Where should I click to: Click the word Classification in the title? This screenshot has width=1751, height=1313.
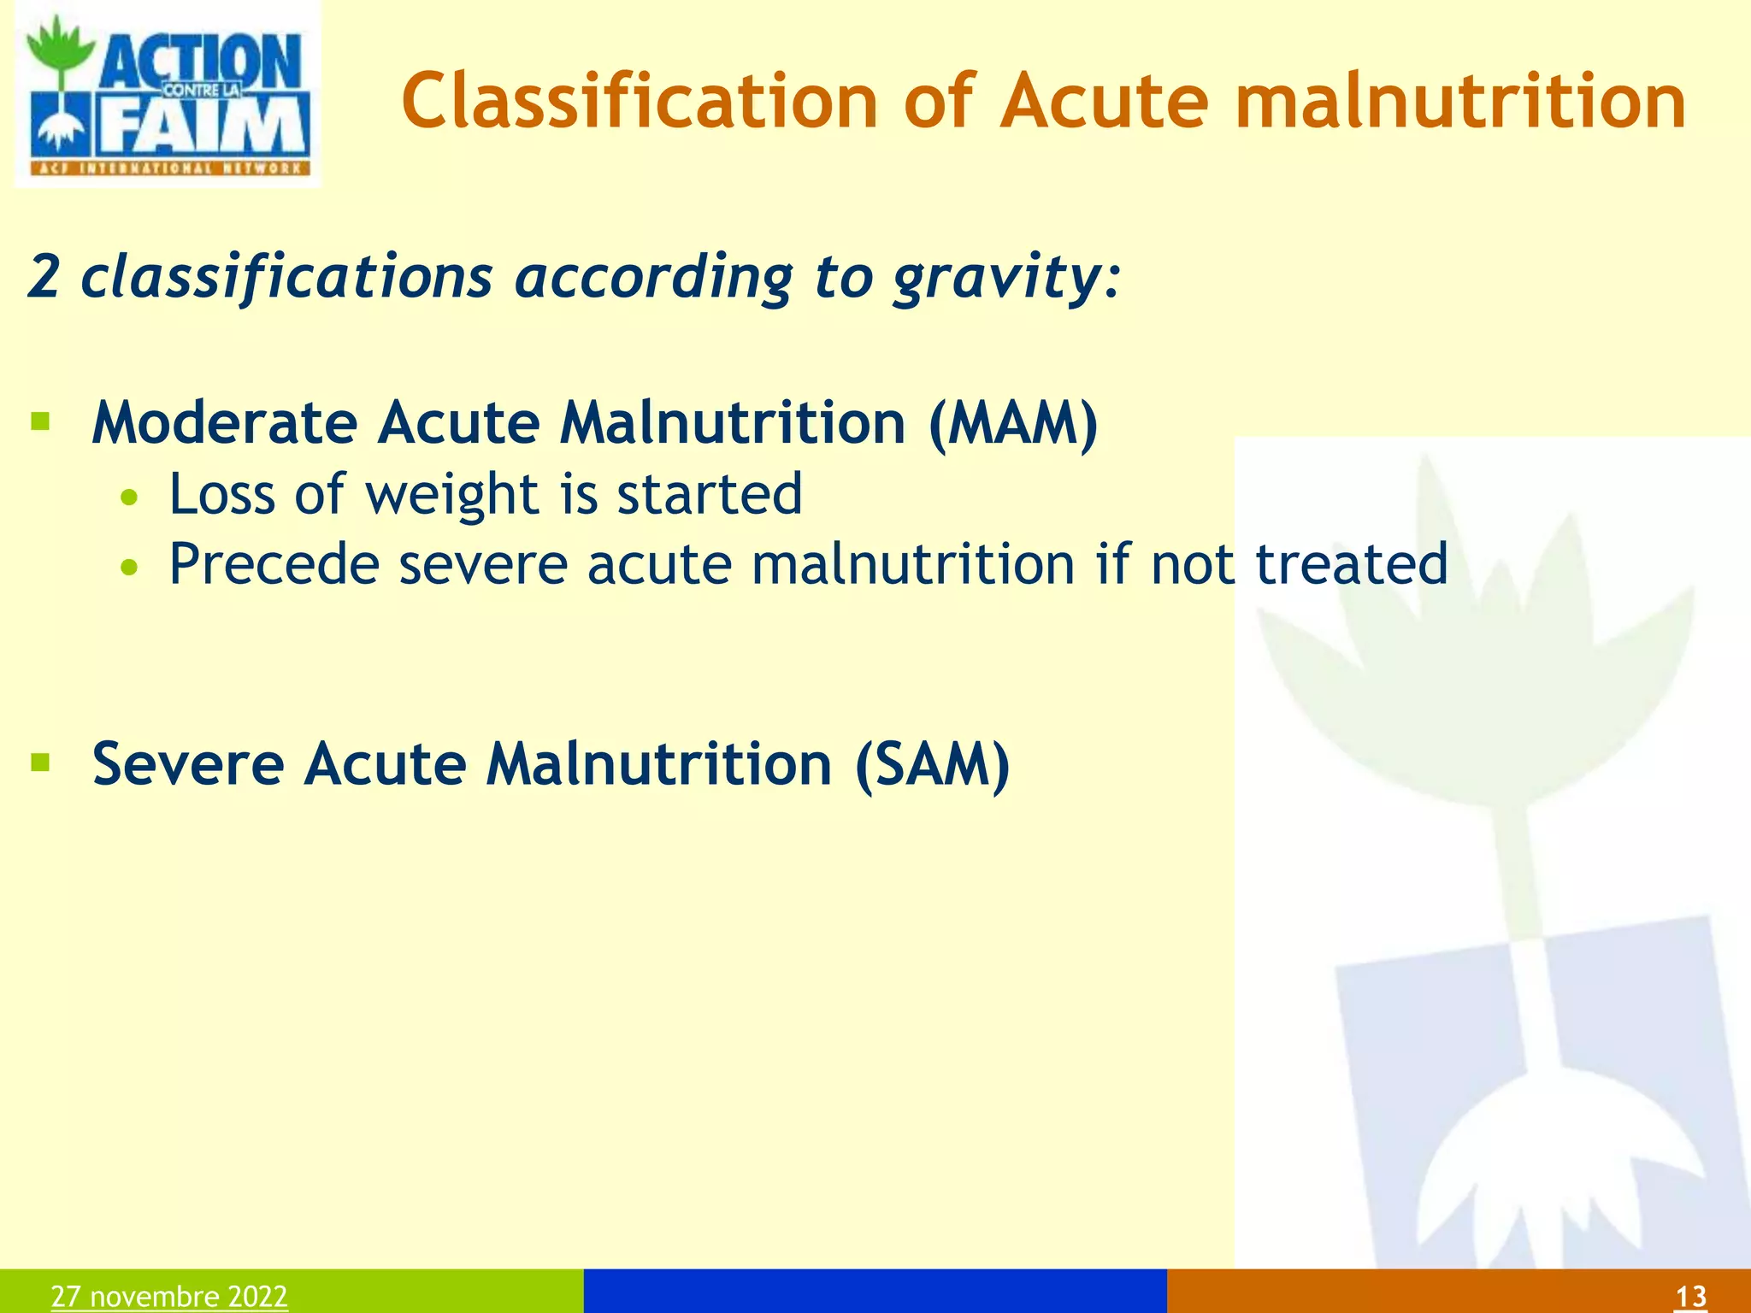click(x=640, y=103)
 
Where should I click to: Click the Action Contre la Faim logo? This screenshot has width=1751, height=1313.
click(x=168, y=96)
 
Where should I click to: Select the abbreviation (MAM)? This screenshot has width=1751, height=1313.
click(x=1013, y=424)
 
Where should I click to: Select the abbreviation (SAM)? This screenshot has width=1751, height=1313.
click(x=932, y=763)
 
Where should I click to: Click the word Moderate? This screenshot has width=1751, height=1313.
click(x=224, y=424)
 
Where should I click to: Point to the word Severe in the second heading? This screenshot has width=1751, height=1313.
click(x=187, y=763)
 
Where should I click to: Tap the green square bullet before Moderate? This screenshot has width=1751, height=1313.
click(x=40, y=421)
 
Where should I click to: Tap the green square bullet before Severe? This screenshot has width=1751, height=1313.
click(x=40, y=761)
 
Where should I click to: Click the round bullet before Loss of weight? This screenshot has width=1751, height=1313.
click(x=129, y=498)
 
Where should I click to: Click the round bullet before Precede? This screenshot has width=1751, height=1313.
click(x=129, y=568)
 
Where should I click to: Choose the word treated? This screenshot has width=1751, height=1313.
click(x=1351, y=564)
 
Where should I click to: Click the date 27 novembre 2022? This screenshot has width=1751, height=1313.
click(x=169, y=1296)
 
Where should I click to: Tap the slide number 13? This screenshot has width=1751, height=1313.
click(x=1690, y=1297)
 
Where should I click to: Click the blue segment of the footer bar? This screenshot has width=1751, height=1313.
click(x=875, y=1291)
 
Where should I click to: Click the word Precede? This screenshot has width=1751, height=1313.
click(x=274, y=564)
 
